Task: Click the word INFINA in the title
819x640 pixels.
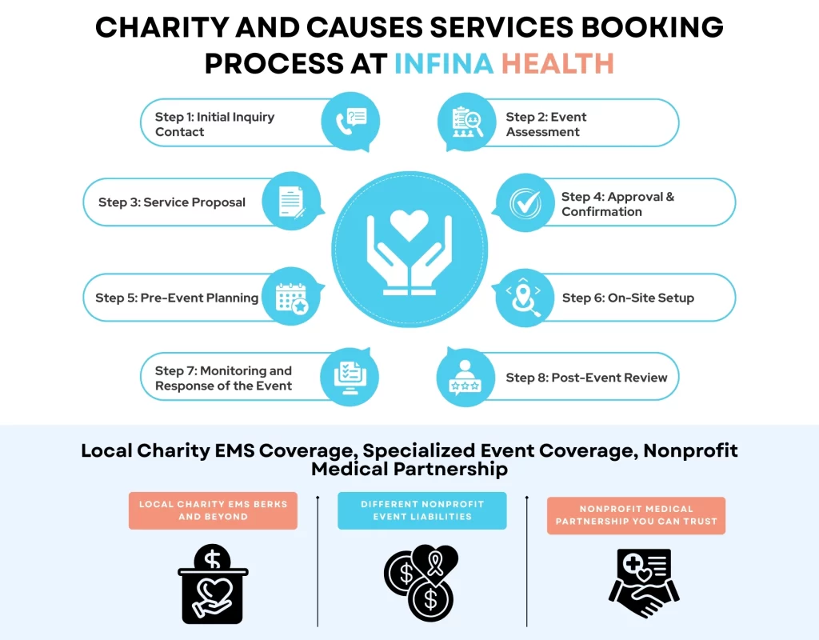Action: click(444, 62)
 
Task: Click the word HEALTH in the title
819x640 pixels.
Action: click(557, 62)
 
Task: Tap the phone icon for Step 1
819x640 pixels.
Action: click(350, 122)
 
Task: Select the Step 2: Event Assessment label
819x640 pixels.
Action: click(546, 124)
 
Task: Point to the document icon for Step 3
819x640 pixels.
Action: click(291, 202)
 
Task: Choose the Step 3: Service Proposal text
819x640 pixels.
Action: click(172, 202)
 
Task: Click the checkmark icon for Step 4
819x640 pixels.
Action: click(525, 202)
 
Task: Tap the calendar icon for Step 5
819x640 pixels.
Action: click(292, 297)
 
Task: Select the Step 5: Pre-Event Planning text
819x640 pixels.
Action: click(177, 298)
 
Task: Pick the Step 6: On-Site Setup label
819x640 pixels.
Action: click(628, 298)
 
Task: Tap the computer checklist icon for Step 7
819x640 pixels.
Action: click(350, 376)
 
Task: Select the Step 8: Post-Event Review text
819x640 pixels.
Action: click(586, 378)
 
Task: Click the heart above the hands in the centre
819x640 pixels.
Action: click(409, 225)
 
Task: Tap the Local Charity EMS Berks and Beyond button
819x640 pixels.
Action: click(213, 510)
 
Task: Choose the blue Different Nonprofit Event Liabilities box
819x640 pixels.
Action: click(421, 510)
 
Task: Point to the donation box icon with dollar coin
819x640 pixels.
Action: click(213, 582)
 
